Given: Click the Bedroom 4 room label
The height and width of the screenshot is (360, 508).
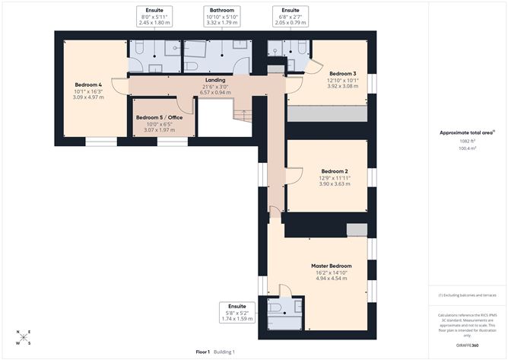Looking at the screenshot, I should [x=89, y=84].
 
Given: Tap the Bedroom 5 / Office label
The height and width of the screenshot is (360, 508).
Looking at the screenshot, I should [x=160, y=118].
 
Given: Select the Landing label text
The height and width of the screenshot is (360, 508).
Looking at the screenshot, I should [x=215, y=80].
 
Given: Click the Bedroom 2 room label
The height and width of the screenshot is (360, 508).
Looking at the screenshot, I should [x=335, y=171].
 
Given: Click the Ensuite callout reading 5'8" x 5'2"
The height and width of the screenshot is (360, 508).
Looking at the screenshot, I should [x=237, y=313].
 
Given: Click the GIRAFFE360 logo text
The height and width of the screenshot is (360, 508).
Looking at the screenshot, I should [x=464, y=345].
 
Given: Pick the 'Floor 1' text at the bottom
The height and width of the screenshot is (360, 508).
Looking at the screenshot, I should [x=203, y=352].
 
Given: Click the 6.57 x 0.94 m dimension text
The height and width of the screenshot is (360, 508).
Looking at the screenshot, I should [x=215, y=92].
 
